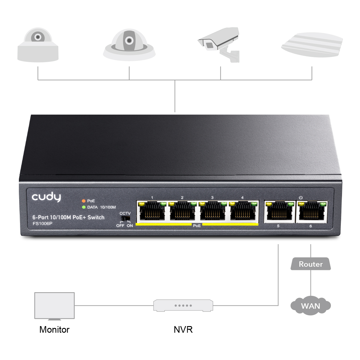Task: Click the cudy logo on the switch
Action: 46,197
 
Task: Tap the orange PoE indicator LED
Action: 84,201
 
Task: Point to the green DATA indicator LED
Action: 84,207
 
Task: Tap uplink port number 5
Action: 279,211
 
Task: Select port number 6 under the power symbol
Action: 311,211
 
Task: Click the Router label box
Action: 310,264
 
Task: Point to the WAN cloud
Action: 310,306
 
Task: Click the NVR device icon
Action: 183,305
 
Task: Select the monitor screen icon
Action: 54,305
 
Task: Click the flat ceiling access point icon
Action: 312,45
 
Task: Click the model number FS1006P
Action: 42,223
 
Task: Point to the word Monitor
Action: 54,329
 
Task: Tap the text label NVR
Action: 183,329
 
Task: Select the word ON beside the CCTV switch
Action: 130,226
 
